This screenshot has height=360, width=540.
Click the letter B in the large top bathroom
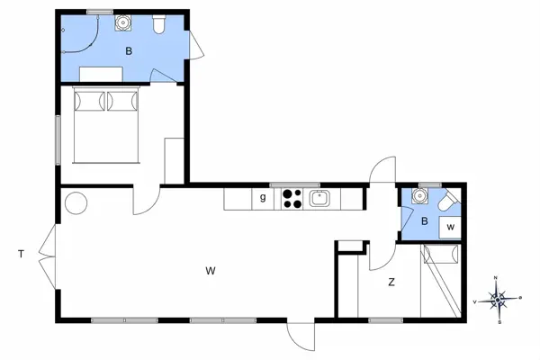point(129,52)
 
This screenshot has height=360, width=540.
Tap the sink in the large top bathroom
point(122,24)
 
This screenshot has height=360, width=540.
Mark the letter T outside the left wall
point(20,255)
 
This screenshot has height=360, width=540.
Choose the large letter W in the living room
point(211,270)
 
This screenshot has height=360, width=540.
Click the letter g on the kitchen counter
point(263,198)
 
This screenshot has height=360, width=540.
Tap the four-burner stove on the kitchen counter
point(292,198)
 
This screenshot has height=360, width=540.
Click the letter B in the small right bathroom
point(424,220)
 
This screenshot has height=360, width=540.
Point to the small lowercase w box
point(451,228)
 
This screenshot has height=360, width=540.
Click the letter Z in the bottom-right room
point(391,283)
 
